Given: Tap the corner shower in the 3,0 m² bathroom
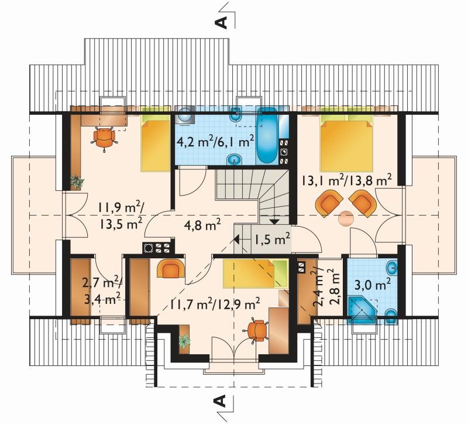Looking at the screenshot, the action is coord(362,310).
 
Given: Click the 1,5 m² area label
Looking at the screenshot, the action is coord(272,239).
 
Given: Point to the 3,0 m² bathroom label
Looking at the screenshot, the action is coord(373,285).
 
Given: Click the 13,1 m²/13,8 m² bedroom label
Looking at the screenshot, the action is coord(346,180).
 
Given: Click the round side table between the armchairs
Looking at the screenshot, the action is coord(346,218).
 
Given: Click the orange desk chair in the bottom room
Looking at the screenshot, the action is coord(257,331).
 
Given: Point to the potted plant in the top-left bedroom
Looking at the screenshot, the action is coord(77,182).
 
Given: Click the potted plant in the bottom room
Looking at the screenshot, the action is coord(184,341).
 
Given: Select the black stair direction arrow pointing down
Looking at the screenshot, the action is coord(274,221).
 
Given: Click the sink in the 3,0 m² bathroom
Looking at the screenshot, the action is coord(391,266).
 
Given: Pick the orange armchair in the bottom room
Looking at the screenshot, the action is coord(170,268).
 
